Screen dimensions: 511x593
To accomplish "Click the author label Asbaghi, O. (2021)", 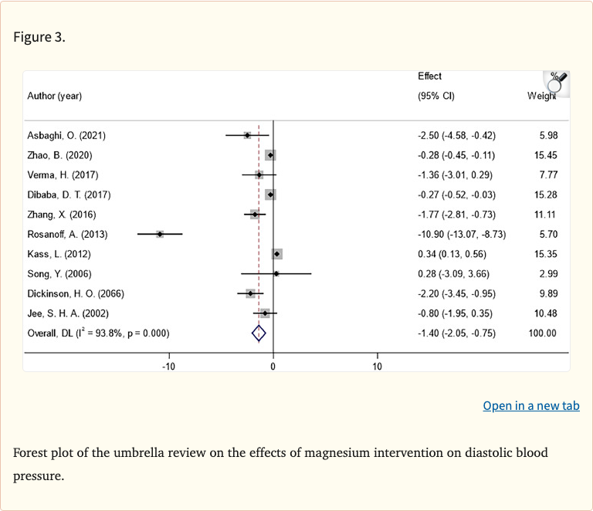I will click(66, 136).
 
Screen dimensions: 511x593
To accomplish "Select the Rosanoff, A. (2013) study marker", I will click(160, 233).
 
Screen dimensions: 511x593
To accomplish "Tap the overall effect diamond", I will click(259, 333).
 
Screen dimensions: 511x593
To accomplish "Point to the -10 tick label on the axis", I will click(168, 366).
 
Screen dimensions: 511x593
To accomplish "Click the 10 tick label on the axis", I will click(377, 366).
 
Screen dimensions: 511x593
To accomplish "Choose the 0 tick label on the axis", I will click(273, 366).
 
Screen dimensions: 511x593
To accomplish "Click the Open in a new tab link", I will click(531, 405).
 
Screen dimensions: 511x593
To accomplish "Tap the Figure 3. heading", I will click(39, 37).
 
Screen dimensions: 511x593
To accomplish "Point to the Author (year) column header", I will click(55, 96).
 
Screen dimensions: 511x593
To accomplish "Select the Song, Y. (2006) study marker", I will click(276, 273).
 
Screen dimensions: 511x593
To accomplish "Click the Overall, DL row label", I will click(98, 333).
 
